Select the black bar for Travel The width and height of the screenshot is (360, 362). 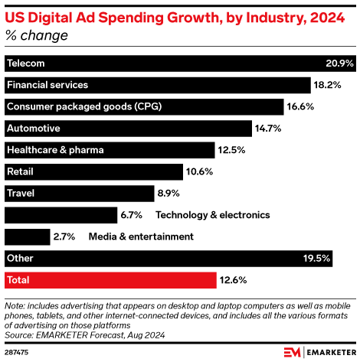(x=74, y=194)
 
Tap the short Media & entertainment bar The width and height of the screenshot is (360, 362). (x=27, y=236)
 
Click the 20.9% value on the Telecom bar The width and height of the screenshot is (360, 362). (x=339, y=63)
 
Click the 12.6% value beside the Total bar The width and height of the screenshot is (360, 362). (x=234, y=279)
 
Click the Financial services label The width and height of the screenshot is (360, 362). (x=47, y=84)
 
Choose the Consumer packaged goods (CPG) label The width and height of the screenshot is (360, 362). (x=84, y=106)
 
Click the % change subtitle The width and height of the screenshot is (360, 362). (x=36, y=35)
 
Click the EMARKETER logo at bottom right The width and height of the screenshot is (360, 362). (x=319, y=351)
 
